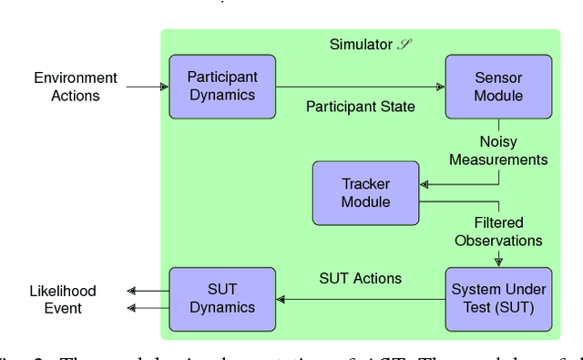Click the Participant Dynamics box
click(221, 87)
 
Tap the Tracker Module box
click(365, 193)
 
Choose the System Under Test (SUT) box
click(498, 299)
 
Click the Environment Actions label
click(76, 87)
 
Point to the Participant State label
click(360, 107)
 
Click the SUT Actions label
click(360, 278)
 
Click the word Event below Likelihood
click(63, 308)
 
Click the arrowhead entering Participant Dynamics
click(164, 87)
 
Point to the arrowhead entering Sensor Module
click(441, 87)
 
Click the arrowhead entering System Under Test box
click(498, 262)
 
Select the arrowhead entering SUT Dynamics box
click(281, 299)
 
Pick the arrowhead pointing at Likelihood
click(132, 291)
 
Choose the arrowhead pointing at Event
click(132, 308)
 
